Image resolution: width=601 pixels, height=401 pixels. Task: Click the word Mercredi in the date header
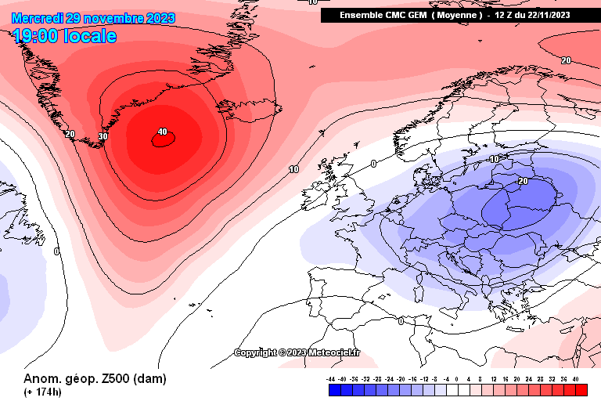[38, 17]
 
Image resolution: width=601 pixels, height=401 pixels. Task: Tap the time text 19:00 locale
[64, 36]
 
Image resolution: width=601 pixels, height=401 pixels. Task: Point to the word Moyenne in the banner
[457, 15]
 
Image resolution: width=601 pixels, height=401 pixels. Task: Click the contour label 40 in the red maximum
[162, 132]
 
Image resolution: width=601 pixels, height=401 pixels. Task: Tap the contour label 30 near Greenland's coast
[103, 137]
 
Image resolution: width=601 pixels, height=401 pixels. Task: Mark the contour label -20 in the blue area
[521, 181]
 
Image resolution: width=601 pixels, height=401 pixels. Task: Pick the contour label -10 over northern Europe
[494, 159]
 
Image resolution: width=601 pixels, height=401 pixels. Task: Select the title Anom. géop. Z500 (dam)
[95, 378]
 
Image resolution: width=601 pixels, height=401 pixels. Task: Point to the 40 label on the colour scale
[576, 378]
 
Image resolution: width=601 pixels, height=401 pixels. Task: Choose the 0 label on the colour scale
[457, 378]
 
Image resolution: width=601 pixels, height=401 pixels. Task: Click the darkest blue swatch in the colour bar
[332, 389]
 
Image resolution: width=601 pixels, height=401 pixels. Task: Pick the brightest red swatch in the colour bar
[581, 389]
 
